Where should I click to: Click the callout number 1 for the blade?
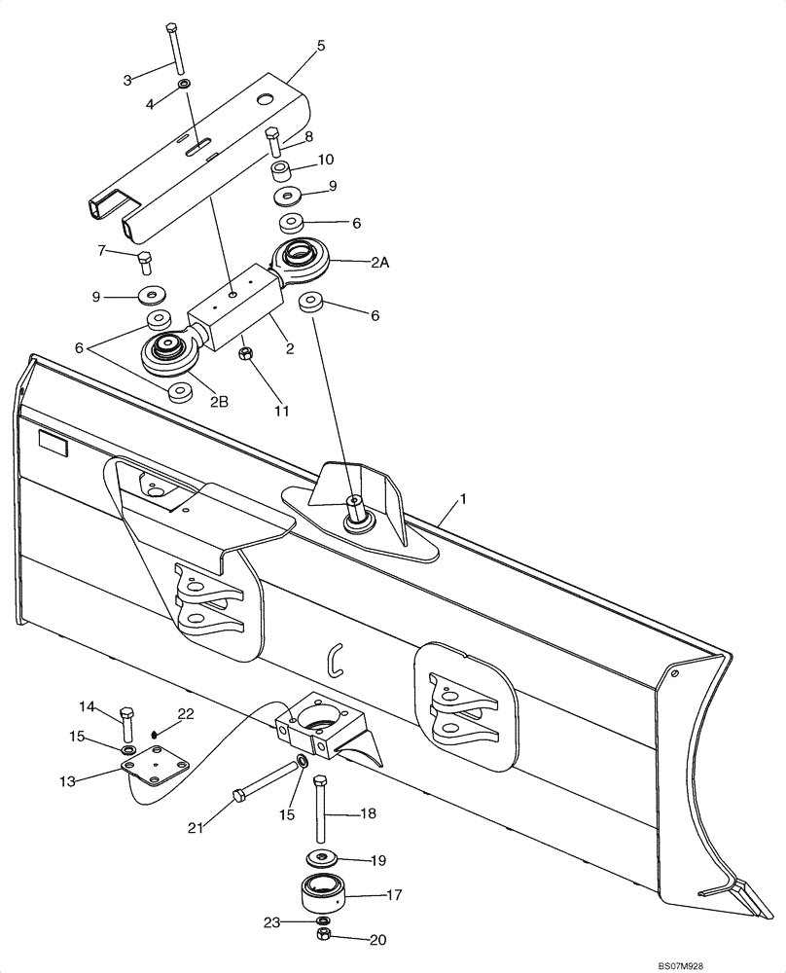coord(464,499)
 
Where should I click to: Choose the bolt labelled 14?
coord(127,724)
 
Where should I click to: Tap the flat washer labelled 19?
coord(320,859)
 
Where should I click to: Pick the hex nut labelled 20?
coord(322,935)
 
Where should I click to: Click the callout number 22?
coord(186,714)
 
